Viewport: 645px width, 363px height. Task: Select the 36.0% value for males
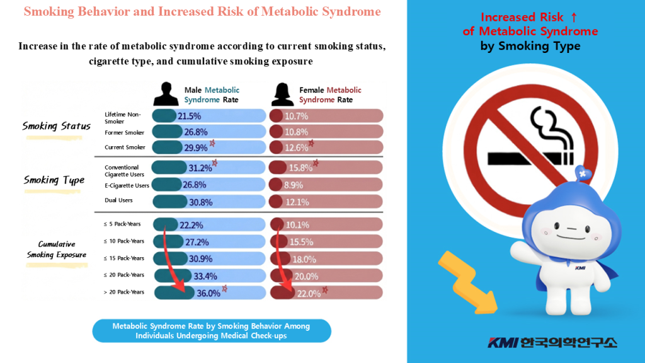[209, 293]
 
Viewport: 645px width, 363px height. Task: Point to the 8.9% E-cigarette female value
[294, 185]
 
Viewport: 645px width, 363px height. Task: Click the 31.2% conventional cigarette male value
[200, 168]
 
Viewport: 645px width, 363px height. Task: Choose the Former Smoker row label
[124, 132]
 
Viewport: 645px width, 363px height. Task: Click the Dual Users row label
[118, 200]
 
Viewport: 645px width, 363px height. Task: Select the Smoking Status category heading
[56, 126]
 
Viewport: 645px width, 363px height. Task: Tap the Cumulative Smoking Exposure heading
[56, 250]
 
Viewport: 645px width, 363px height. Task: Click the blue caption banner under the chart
[211, 331]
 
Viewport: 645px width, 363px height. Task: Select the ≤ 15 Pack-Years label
[124, 258]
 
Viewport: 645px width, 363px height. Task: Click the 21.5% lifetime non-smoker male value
[188, 117]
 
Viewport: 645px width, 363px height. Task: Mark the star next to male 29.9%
[213, 143]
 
